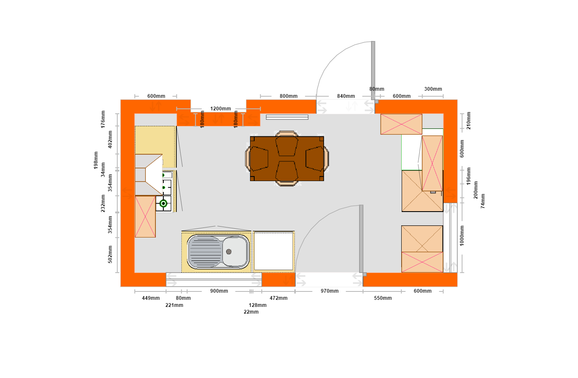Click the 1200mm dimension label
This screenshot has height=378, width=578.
click(x=220, y=109)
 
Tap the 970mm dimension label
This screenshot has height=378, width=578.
click(x=330, y=291)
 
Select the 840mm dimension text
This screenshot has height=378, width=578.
click(x=346, y=96)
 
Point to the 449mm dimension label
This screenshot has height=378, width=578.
click(x=151, y=298)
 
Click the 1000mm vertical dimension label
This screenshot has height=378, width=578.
click(x=462, y=236)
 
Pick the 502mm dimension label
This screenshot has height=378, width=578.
click(x=110, y=254)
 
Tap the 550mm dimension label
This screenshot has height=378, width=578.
click(x=383, y=298)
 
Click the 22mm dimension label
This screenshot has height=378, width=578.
click(x=251, y=312)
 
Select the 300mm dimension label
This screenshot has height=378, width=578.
click(x=433, y=89)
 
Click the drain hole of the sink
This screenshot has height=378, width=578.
click(x=229, y=252)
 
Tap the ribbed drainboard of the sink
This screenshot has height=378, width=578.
click(x=205, y=252)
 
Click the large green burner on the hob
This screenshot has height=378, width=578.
click(x=163, y=204)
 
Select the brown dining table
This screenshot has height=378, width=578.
click(x=286, y=158)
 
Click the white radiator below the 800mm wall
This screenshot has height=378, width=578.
click(x=287, y=117)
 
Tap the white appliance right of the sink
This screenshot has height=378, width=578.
click(x=274, y=251)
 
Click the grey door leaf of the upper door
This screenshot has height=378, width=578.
click(x=373, y=70)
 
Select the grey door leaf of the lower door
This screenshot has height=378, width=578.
click(x=361, y=239)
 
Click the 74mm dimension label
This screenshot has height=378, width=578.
click(x=483, y=201)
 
